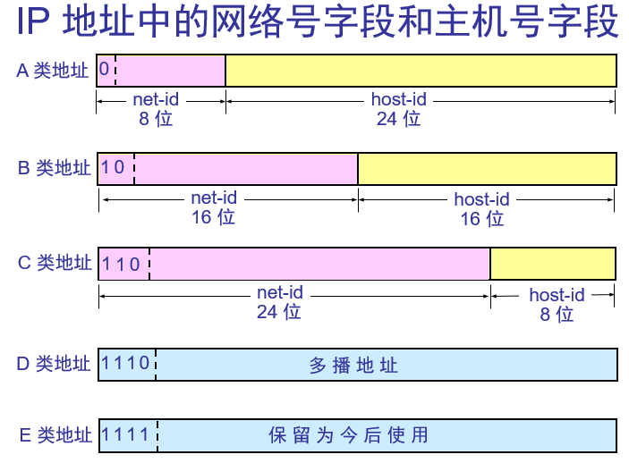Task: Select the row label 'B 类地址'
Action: click(55, 168)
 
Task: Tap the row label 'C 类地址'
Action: click(55, 263)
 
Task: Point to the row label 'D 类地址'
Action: click(55, 364)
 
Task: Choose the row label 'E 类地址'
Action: click(55, 435)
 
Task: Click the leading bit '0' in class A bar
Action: click(105, 70)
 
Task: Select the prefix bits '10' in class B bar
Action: click(114, 167)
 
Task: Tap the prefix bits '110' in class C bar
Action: click(122, 264)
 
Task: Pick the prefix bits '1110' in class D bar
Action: click(126, 363)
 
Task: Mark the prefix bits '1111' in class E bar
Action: click(126, 434)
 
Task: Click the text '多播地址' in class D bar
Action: click(353, 365)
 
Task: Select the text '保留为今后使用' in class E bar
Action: click(349, 436)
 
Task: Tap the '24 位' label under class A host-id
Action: click(398, 118)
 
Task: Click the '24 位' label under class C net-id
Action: click(279, 311)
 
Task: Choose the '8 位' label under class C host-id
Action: click(557, 314)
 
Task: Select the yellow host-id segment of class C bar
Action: click(553, 264)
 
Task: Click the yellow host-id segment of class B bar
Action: click(487, 168)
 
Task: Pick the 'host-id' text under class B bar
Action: click(481, 198)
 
